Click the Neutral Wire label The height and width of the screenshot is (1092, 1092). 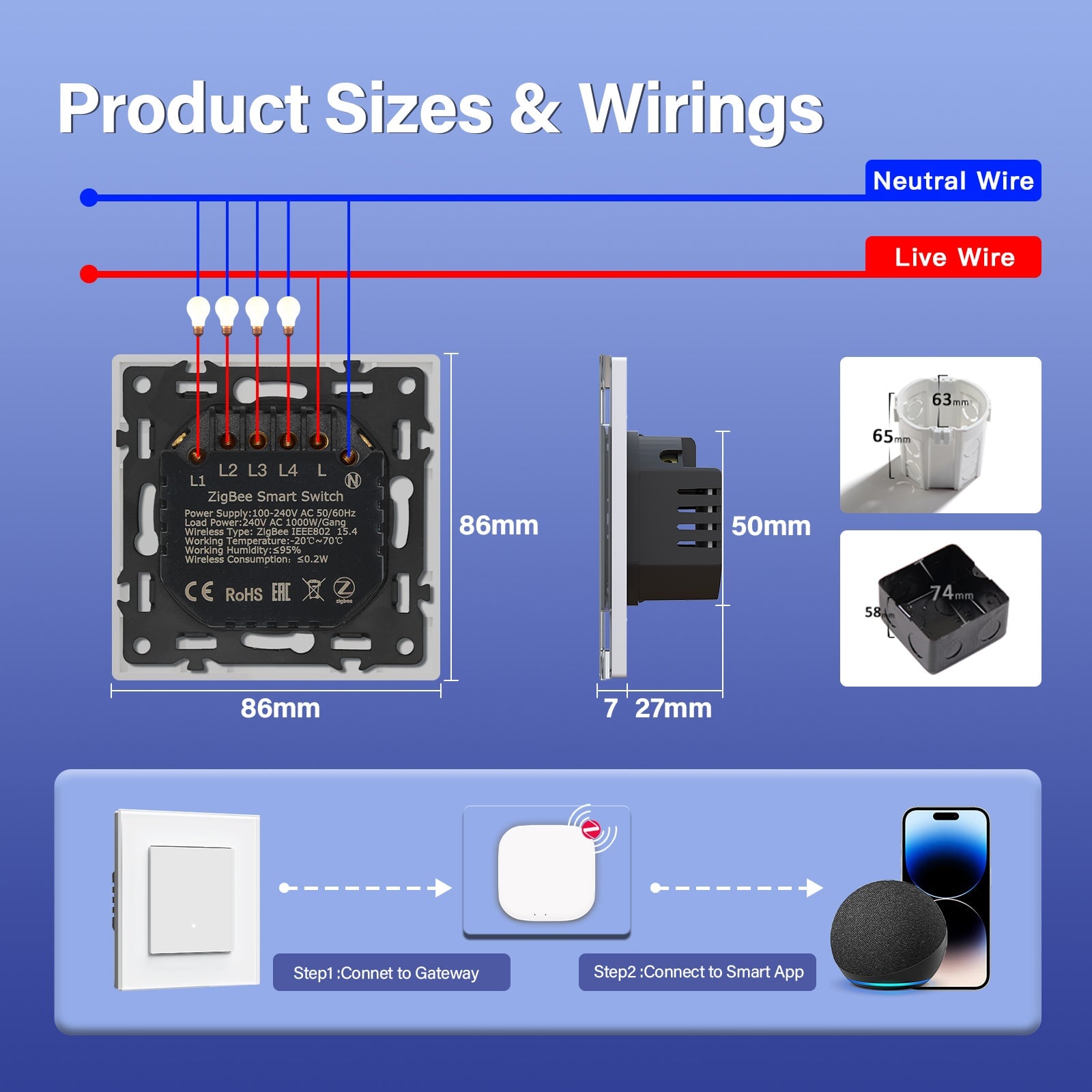pos(953,181)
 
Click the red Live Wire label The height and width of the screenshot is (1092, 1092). pos(953,257)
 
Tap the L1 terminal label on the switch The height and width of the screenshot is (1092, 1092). pos(197,480)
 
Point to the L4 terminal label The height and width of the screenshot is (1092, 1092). pos(288,470)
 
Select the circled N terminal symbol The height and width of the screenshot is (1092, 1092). pos(353,480)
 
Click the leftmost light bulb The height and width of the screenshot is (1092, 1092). pos(198,313)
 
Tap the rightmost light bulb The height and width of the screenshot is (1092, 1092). pos(288,313)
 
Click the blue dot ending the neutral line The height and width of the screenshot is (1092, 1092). pos(89,198)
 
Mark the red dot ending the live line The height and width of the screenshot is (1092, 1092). pos(89,274)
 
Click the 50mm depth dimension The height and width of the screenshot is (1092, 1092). pos(771,526)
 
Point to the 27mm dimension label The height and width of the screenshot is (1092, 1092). pos(673,708)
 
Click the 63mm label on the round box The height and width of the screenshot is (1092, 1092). pos(949,400)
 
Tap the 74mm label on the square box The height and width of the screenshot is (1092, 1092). pos(951,592)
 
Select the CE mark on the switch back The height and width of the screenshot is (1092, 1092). pos(199,592)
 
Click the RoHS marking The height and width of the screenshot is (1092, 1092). pos(244,594)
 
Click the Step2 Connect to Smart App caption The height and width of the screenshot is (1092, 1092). pos(698,972)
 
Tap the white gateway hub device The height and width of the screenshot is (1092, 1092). pos(547,872)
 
